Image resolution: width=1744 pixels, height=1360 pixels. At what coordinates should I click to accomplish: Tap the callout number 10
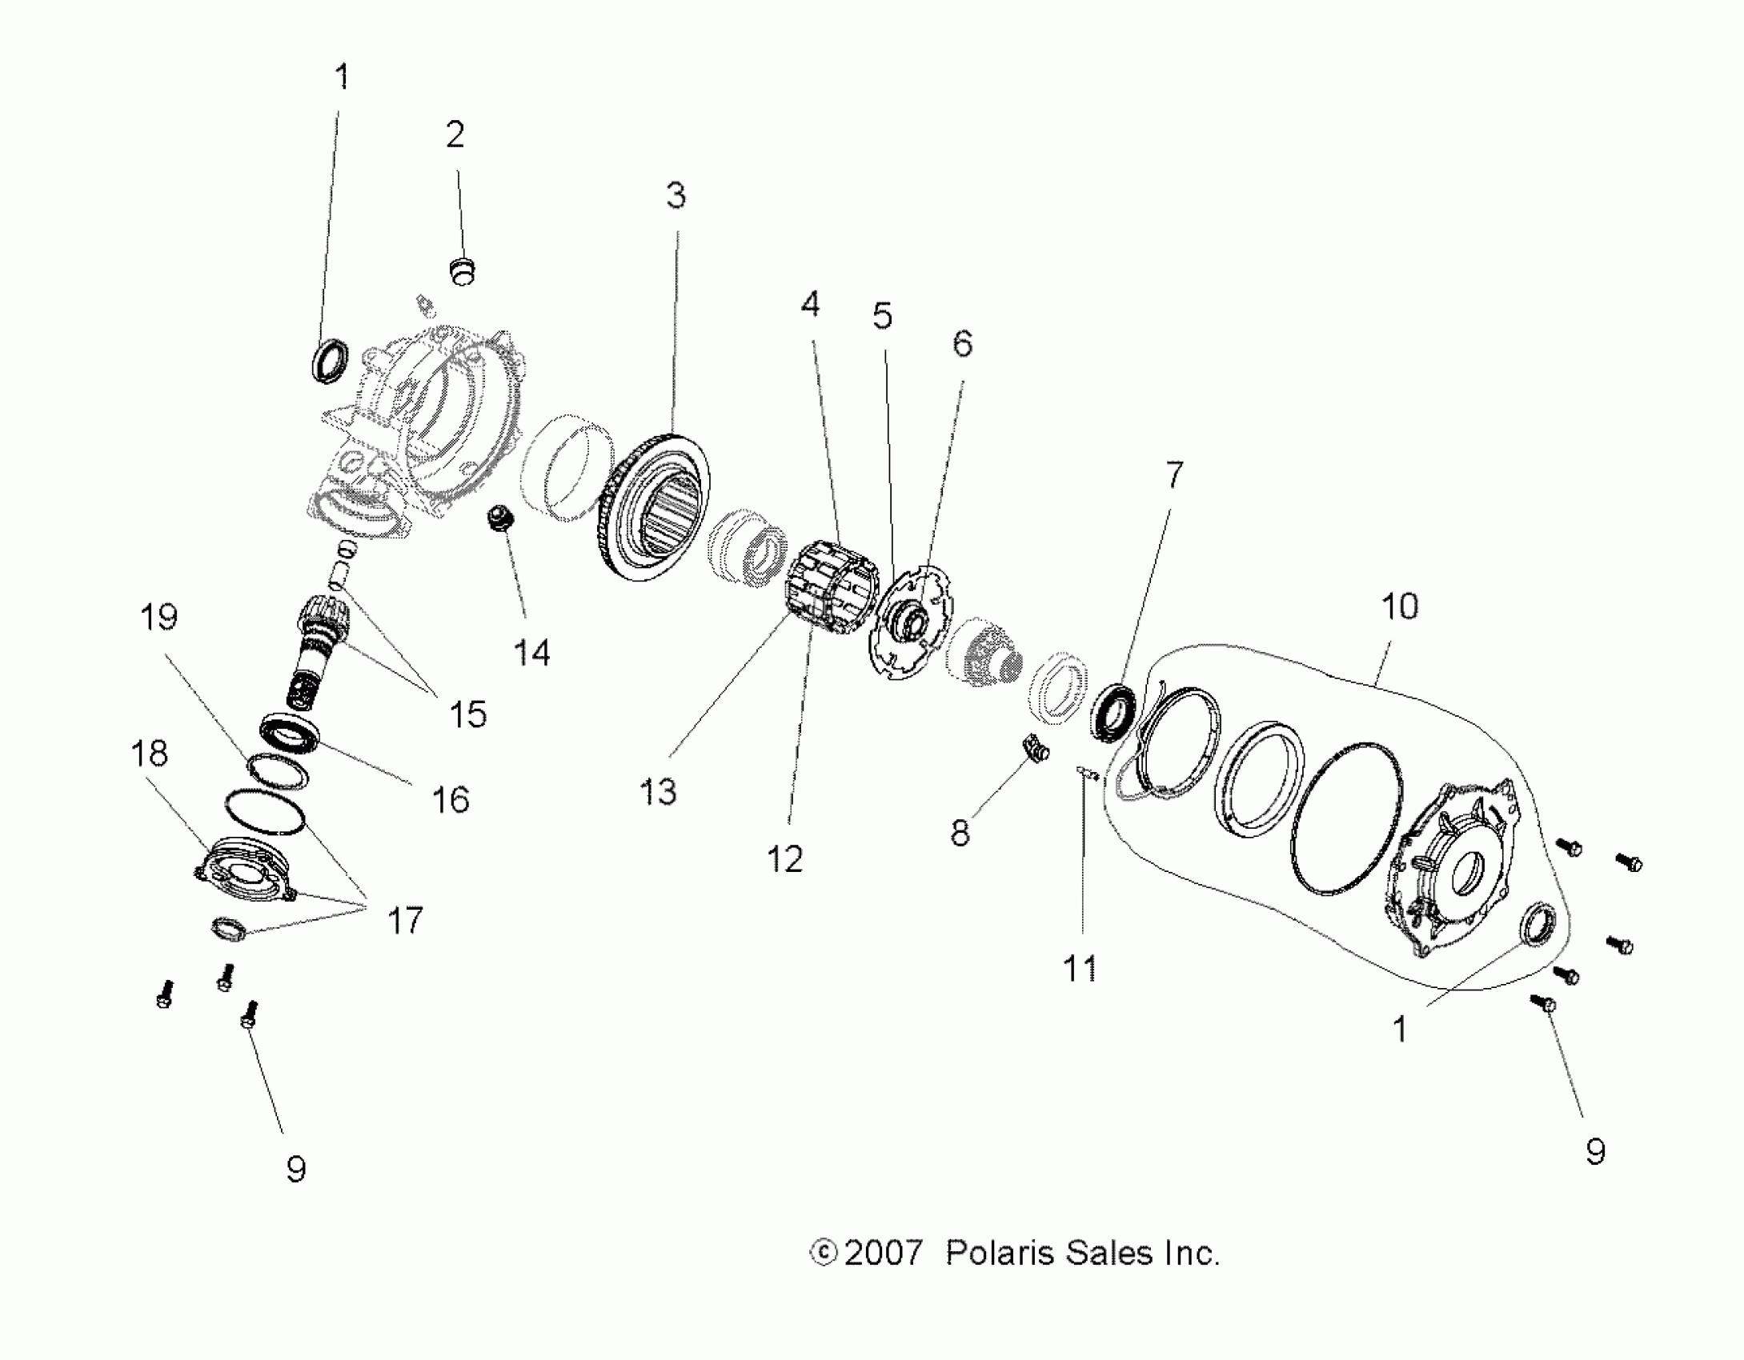[x=1399, y=607]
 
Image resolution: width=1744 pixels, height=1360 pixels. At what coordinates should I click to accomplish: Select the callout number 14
[x=531, y=654]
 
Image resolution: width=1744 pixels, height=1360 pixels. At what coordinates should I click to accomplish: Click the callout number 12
[x=784, y=859]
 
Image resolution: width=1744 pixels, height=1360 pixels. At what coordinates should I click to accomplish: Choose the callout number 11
[x=1079, y=970]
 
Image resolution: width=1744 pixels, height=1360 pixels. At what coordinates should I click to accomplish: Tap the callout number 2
[x=455, y=134]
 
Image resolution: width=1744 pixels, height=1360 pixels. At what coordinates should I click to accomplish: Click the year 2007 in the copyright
[x=884, y=1253]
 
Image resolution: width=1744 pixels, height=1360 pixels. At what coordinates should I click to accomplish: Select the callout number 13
[x=658, y=792]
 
